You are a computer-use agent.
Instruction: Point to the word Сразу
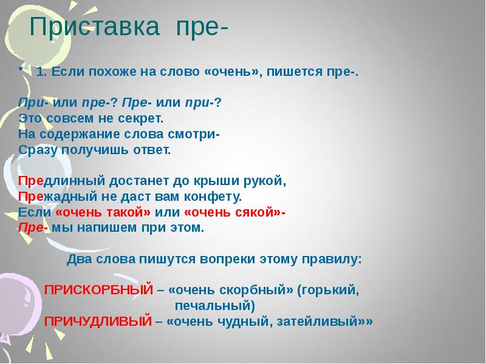(38, 149)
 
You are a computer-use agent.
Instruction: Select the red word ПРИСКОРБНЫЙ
(98, 291)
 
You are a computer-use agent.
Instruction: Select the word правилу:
(334, 259)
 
